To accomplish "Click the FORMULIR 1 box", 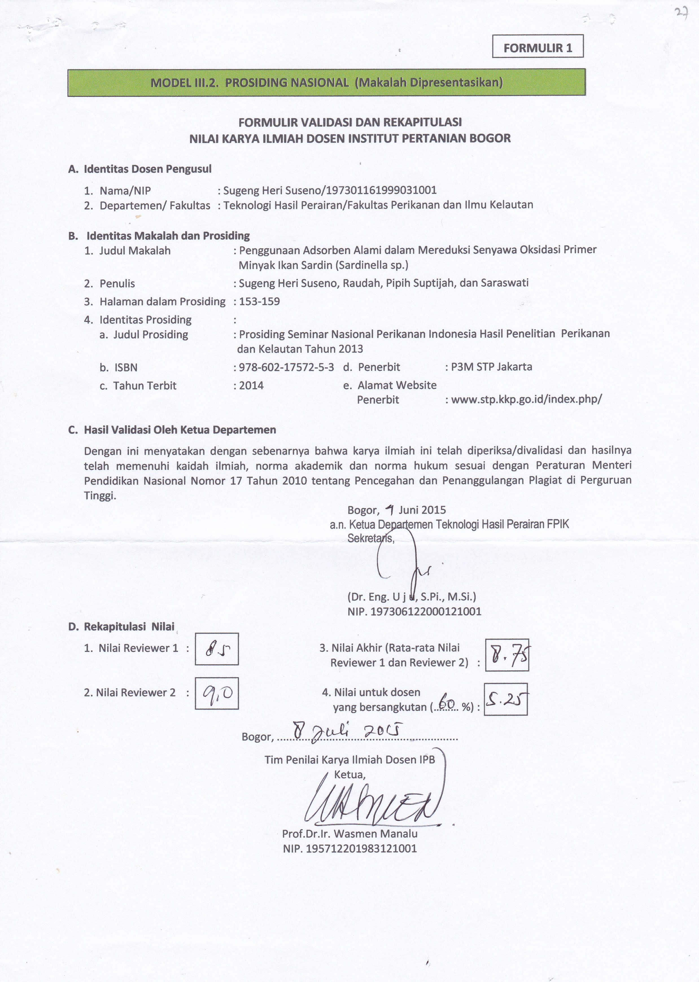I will [x=538, y=47].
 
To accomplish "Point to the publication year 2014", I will [x=251, y=385].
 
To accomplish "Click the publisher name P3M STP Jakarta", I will [x=492, y=367].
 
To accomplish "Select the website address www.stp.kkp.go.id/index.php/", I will [x=526, y=399].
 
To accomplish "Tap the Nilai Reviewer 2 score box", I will [x=217, y=693].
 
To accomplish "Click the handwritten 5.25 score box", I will [x=506, y=700].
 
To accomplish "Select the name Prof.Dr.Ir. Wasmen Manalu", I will [x=349, y=834].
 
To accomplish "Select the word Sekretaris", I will [x=371, y=538].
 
